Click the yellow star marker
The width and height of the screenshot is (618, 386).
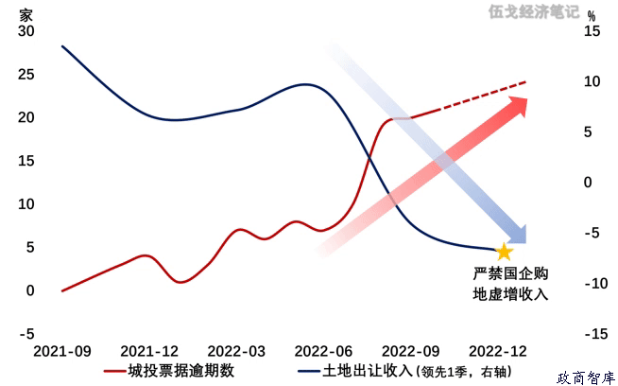tap(504, 252)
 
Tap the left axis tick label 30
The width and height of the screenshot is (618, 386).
tap(26, 31)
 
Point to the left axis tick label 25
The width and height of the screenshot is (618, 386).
tap(26, 75)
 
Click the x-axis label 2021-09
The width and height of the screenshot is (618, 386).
tap(62, 351)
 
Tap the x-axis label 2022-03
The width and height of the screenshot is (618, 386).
tap(235, 351)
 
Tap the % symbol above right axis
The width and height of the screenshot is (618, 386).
tap(592, 15)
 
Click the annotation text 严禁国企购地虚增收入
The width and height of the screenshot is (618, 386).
tap(510, 284)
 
